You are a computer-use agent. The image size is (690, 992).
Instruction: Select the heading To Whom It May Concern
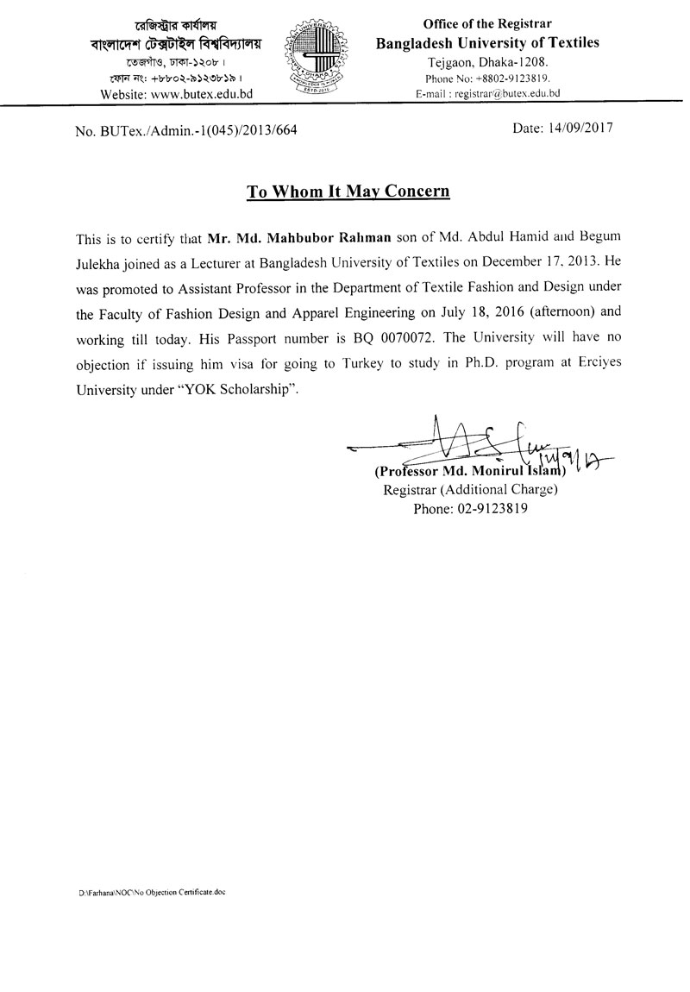[348, 191]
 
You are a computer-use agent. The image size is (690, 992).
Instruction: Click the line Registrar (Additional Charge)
[469, 490]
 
